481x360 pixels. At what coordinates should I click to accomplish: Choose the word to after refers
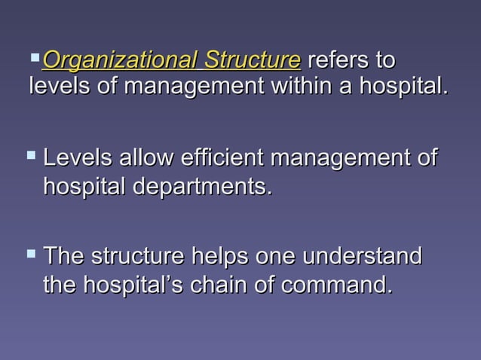point(384,59)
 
